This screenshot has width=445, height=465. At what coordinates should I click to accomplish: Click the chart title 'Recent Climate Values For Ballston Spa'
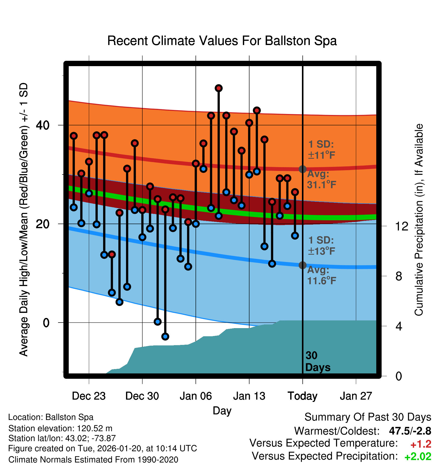click(x=222, y=41)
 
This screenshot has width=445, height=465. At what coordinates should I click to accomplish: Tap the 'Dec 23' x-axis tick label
click(x=89, y=396)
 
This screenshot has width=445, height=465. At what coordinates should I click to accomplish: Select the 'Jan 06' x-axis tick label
click(x=196, y=396)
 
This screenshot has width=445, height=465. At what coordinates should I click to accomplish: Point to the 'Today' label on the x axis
click(x=302, y=396)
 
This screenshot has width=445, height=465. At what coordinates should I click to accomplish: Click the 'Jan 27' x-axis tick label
click(x=356, y=396)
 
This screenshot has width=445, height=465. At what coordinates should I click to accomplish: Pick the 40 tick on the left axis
click(x=43, y=125)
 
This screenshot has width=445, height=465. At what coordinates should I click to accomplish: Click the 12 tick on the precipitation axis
click(x=402, y=226)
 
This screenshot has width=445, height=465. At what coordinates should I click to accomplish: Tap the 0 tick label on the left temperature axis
click(x=46, y=323)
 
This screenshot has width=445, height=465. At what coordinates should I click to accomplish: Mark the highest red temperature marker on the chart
click(x=219, y=88)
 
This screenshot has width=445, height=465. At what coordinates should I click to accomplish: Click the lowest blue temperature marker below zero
click(x=165, y=337)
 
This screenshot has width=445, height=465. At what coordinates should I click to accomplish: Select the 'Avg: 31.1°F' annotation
click(x=322, y=180)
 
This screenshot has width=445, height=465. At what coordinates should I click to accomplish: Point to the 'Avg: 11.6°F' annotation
click(x=322, y=275)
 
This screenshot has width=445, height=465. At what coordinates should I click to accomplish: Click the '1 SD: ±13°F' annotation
click(x=321, y=246)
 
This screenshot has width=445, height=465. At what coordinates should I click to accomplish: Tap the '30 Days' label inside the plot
click(x=317, y=361)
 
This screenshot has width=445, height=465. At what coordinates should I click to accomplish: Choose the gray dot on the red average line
click(x=302, y=169)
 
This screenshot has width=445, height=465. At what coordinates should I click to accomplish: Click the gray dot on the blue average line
click(x=302, y=265)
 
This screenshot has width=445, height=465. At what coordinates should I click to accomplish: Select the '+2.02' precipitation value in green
click(x=418, y=457)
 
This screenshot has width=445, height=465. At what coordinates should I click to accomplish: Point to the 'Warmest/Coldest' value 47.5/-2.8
click(x=410, y=431)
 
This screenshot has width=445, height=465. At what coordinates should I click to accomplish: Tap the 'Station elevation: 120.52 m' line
click(x=60, y=428)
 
